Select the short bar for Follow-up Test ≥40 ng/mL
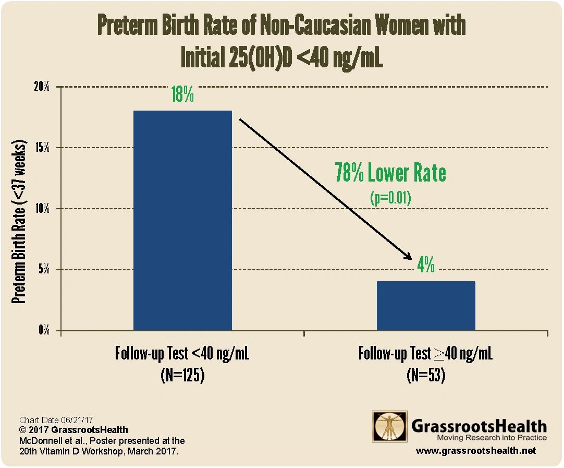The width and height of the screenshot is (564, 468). (x=426, y=306)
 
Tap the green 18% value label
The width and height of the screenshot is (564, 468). (x=182, y=95)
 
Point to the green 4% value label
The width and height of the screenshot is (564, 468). (x=426, y=266)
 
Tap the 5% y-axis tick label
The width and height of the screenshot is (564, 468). (x=44, y=270)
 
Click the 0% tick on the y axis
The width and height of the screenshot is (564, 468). (x=44, y=331)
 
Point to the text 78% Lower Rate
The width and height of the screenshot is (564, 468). (x=390, y=173)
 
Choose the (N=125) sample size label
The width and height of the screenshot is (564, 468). (x=182, y=375)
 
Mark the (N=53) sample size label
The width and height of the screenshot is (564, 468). (x=426, y=375)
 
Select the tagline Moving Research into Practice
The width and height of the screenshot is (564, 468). (x=492, y=437)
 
